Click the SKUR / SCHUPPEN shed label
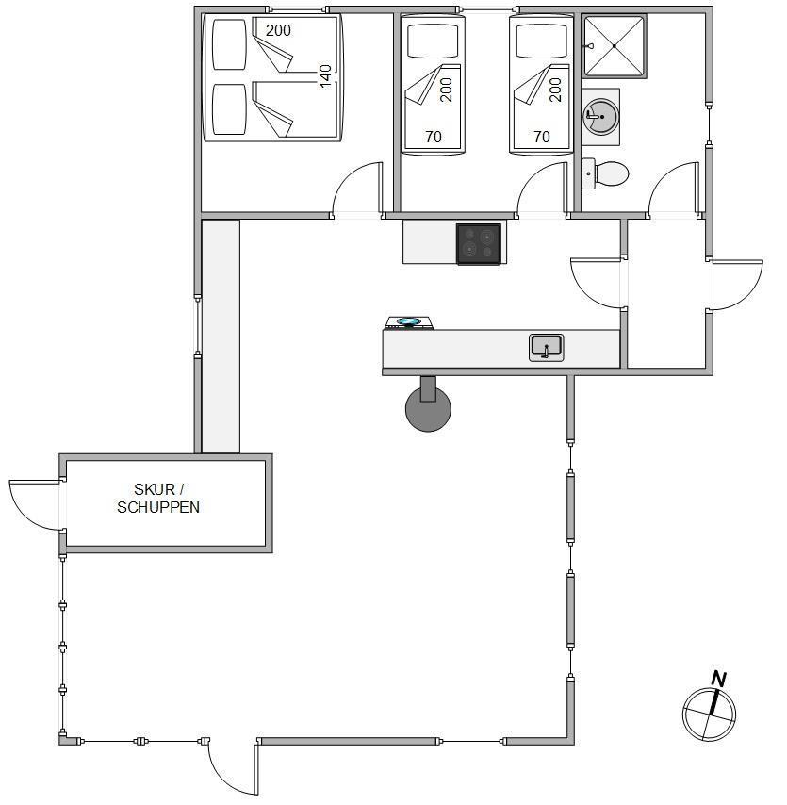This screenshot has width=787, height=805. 158,498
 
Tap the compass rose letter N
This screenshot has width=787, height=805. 719,680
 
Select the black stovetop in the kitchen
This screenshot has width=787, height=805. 479,244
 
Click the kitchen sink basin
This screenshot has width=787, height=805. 547,347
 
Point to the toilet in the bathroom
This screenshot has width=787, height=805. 605,173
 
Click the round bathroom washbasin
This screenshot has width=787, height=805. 600,117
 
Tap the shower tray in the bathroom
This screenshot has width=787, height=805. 614,45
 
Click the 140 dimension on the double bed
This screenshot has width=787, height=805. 325,76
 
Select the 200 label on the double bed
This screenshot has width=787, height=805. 278,30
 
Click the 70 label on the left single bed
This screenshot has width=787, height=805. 434,137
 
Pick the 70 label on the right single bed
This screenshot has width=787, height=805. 542,137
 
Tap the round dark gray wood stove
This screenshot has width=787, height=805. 428,409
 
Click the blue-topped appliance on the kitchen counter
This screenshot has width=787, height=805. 409,323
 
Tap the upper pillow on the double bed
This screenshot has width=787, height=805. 229,44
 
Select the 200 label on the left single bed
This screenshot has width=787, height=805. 447,90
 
